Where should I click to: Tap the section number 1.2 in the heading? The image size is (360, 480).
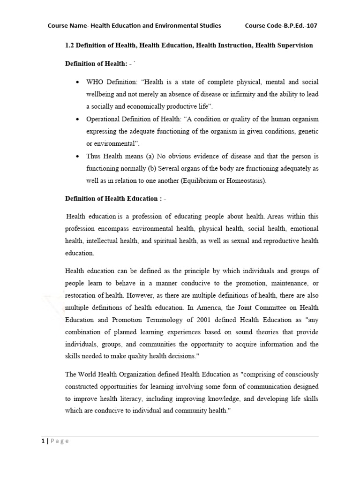69,45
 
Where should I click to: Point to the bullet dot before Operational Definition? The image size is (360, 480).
76,120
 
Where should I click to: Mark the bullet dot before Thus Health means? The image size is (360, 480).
76,157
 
